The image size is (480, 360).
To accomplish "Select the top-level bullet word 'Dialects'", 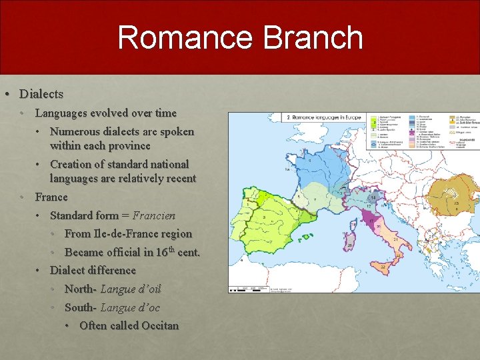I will click(41, 94).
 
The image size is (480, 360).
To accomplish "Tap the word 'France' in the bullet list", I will click(51, 197).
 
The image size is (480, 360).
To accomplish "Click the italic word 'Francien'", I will click(154, 215).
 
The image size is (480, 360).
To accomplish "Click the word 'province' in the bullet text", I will click(127, 145).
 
